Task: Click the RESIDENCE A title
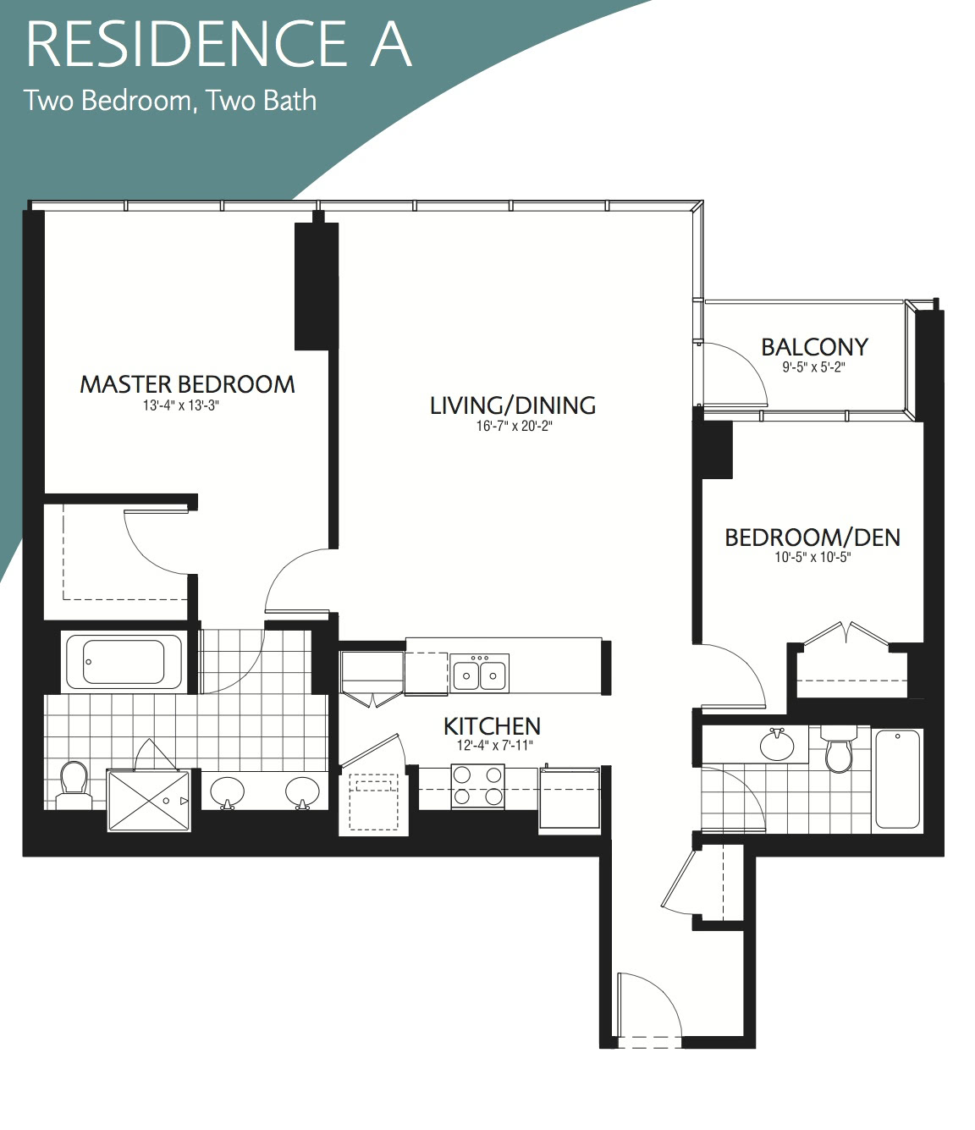pyautogui.click(x=218, y=44)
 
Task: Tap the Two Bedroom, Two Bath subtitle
pyautogui.click(x=170, y=101)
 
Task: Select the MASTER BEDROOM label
pyautogui.click(x=187, y=384)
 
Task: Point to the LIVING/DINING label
pyautogui.click(x=513, y=405)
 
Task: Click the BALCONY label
pyautogui.click(x=814, y=347)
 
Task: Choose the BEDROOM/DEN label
pyautogui.click(x=812, y=537)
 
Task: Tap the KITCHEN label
pyautogui.click(x=492, y=726)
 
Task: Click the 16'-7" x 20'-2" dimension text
pyautogui.click(x=514, y=426)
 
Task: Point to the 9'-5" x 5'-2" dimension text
pyautogui.click(x=814, y=367)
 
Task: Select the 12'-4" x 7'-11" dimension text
pyautogui.click(x=494, y=745)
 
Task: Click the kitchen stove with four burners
pyautogui.click(x=477, y=786)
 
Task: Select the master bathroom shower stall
pyautogui.click(x=149, y=801)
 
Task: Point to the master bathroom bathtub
pyautogui.click(x=124, y=661)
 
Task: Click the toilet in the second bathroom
pyautogui.click(x=839, y=748)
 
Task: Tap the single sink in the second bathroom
pyautogui.click(x=777, y=745)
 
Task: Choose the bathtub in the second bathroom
pyautogui.click(x=897, y=779)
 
